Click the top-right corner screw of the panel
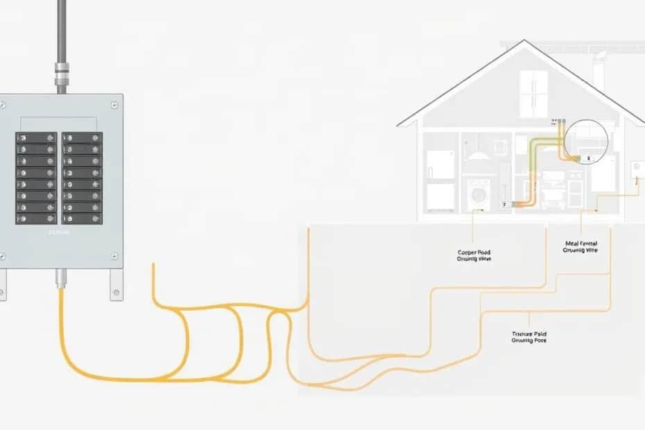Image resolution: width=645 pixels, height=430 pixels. [x=114, y=105]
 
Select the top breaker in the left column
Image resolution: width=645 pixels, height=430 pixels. [x=36, y=137]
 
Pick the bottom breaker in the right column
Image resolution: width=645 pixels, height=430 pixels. [x=83, y=218]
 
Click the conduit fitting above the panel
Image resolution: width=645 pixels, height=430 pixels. [x=61, y=70]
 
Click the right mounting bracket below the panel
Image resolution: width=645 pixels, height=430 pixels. [x=116, y=285]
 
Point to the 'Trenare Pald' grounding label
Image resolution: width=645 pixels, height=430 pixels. [x=529, y=337]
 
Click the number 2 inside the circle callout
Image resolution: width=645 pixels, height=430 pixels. [x=587, y=159]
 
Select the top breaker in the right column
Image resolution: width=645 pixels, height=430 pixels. [x=83, y=137]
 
